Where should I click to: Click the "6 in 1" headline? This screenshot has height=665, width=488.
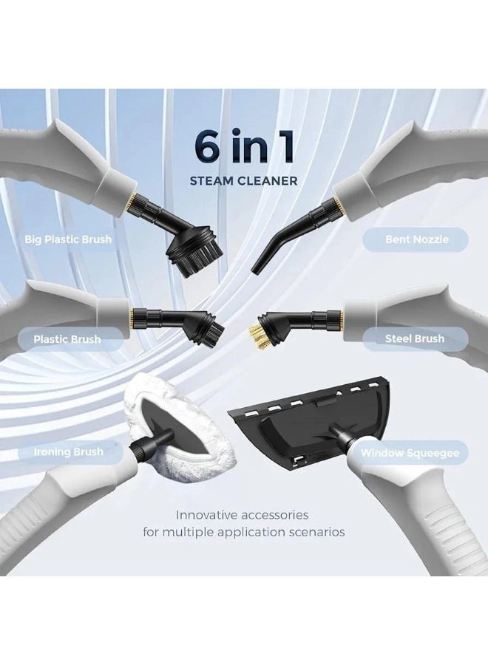[x=244, y=146]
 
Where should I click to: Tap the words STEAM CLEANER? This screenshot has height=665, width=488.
[x=244, y=180]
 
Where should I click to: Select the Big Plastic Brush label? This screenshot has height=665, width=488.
[x=68, y=239]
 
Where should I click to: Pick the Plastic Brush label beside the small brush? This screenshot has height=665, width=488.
[x=67, y=339]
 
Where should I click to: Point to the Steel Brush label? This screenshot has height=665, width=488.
[x=415, y=338]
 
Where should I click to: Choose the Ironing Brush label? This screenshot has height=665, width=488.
[x=67, y=451]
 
